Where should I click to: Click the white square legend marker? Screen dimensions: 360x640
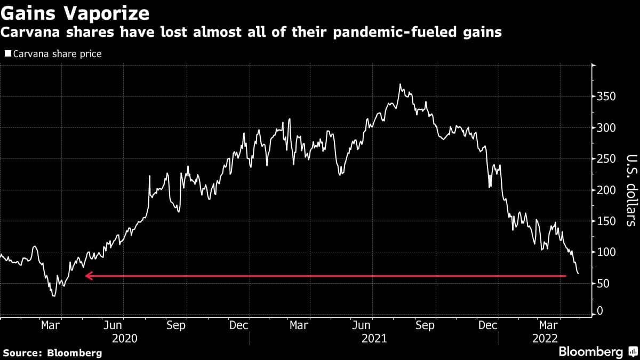[7, 54]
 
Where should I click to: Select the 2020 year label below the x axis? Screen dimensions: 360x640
[125, 339]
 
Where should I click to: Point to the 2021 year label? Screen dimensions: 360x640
[374, 339]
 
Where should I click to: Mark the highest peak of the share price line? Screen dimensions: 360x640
[400, 84]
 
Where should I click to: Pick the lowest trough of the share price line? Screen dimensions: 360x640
[53, 295]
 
